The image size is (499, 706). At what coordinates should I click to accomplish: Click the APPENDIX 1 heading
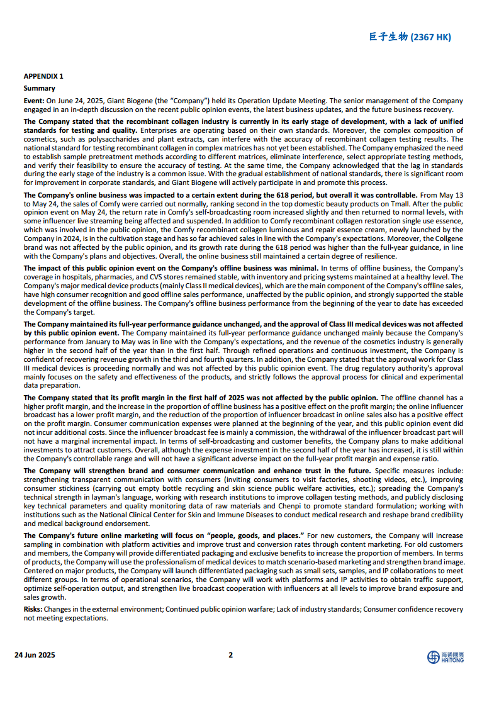43,76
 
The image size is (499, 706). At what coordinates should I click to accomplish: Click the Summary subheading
39,88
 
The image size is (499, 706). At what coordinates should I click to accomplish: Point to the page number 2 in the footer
230,654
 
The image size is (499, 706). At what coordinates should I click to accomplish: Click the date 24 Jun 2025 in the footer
35,654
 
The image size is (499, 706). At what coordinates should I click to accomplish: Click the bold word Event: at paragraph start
34,101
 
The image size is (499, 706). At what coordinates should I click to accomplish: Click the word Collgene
449,239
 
